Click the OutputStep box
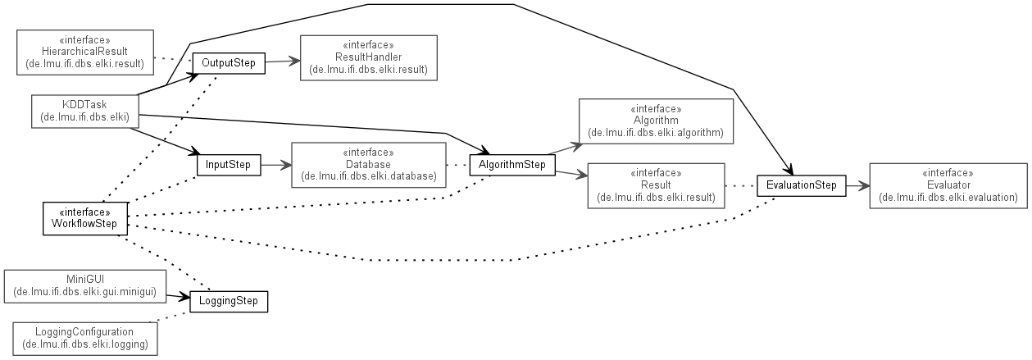[229, 62]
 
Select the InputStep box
[228, 165]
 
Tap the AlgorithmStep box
[512, 165]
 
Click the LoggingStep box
[229, 301]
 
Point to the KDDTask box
[84, 111]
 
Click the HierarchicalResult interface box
[85, 51]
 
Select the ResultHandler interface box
[369, 57]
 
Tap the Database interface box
[368, 164]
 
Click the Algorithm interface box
[655, 121]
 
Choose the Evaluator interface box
[947, 186]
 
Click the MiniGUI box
[85, 285]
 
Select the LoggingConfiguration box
[85, 337]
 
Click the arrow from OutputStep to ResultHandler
[282, 61]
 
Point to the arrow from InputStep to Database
[275, 165]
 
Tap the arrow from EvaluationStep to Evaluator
[857, 186]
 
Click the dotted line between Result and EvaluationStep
[740, 186]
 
